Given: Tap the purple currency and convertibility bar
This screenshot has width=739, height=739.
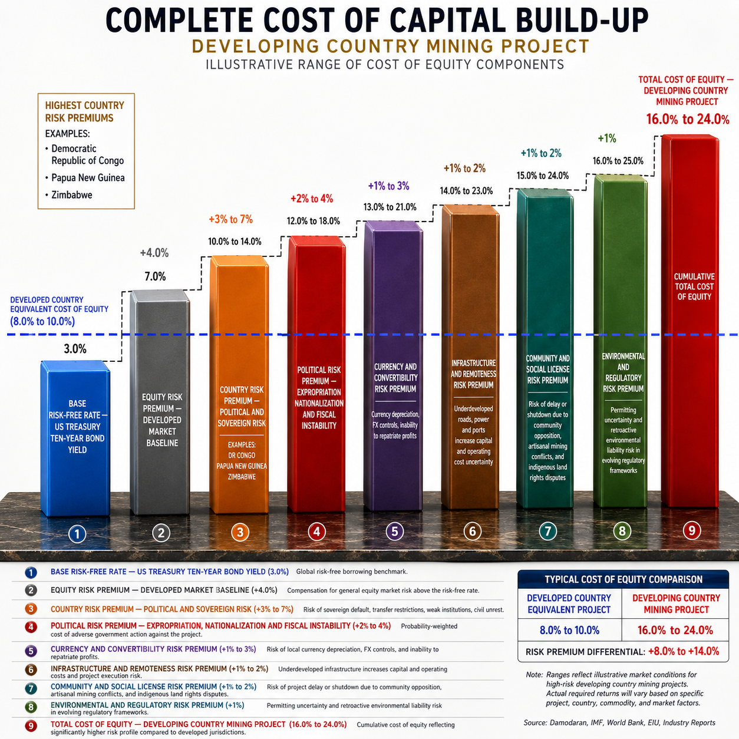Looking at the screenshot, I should click(x=394, y=365).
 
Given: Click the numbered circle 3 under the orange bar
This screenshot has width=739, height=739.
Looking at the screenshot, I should click(x=240, y=533).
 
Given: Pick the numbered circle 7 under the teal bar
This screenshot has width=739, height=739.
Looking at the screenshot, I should click(x=548, y=532).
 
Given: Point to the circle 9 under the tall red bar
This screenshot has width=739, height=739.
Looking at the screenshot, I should click(x=691, y=530).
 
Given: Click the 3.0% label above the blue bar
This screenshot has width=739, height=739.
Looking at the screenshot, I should click(x=75, y=349).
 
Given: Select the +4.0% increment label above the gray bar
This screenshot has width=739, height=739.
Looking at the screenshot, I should click(x=154, y=253).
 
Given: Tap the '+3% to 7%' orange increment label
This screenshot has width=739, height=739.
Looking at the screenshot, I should click(x=230, y=219).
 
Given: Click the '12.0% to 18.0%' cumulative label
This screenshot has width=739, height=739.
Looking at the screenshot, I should click(x=314, y=221).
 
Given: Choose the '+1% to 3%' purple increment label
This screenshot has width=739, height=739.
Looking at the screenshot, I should click(x=388, y=186).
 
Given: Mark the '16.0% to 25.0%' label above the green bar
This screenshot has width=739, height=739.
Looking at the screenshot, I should click(x=618, y=161).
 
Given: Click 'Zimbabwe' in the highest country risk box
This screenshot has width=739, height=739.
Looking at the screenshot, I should click(x=72, y=195).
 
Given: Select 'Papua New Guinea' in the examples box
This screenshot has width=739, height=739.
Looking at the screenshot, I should click(x=88, y=178).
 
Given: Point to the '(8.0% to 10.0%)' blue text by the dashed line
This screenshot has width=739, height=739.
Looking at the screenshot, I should click(x=42, y=322).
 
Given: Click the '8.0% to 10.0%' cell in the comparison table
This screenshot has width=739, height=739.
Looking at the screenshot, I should click(x=569, y=630).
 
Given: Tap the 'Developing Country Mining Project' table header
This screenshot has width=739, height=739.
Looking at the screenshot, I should click(x=676, y=603).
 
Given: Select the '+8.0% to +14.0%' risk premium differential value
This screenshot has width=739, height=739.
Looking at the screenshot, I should click(x=684, y=651).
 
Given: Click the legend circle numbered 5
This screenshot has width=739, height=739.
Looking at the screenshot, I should click(x=31, y=651).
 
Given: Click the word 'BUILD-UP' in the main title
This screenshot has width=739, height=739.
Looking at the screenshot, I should click(x=582, y=21).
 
